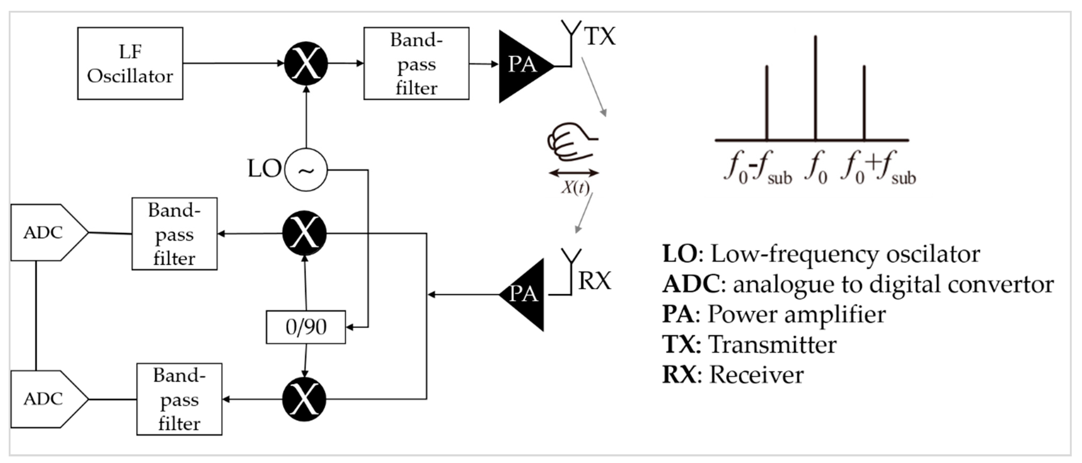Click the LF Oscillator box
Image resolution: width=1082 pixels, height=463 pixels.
coord(130,64)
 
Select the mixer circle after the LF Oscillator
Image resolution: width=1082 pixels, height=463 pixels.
coord(306,64)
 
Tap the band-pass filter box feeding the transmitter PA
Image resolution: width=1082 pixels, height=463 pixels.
coord(416,64)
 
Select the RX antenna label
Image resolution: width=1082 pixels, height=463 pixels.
coord(594,281)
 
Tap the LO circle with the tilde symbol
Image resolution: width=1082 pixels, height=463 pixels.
coord(306,170)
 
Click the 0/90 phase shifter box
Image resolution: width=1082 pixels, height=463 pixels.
coord(306,327)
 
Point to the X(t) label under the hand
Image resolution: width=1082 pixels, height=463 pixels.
coord(575,187)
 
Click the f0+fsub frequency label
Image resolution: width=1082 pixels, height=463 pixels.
coord(878,168)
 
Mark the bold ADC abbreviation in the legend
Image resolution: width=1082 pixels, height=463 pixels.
coord(691,284)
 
